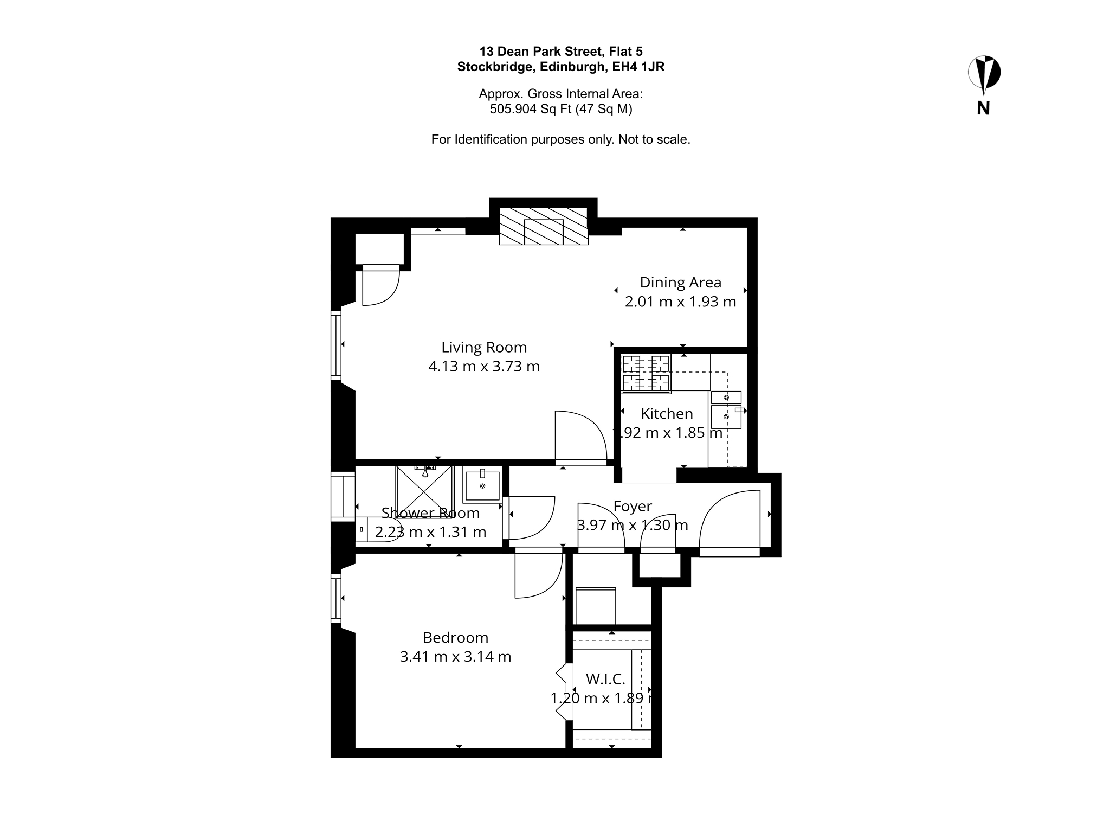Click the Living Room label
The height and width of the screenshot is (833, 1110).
tap(484, 347)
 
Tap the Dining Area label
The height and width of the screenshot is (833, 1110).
tap(680, 283)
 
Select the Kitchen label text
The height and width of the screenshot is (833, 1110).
tap(667, 414)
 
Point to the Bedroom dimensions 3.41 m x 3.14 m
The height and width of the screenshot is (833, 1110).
tap(455, 657)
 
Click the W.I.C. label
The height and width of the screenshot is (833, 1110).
tap(605, 679)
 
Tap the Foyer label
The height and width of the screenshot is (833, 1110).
tap(633, 506)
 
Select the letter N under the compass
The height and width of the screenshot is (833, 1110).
tap(983, 108)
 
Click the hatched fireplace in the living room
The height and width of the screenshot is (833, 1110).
tap(544, 226)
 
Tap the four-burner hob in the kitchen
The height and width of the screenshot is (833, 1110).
tap(646, 373)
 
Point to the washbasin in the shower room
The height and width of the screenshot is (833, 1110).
tap(482, 485)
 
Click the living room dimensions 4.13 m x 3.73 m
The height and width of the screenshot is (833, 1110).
tap(484, 367)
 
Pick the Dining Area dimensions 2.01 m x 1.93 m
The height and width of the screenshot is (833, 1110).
tap(680, 302)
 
